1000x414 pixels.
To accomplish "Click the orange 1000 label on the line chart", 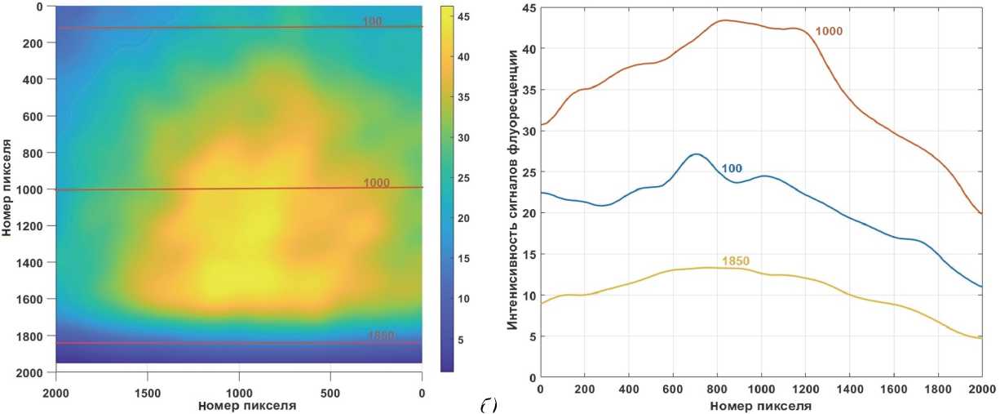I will (828, 31).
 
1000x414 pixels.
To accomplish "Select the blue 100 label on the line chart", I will (730, 169).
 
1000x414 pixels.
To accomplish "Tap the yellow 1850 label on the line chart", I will (735, 261).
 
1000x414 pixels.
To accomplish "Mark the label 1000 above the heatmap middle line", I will (378, 183).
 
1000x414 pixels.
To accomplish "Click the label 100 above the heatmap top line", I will (373, 21).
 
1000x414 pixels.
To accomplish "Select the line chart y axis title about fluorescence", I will (513, 189).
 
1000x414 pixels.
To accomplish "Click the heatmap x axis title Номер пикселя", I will (238, 404).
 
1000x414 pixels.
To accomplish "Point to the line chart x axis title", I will (760, 406).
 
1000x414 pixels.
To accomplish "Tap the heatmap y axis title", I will (8, 189).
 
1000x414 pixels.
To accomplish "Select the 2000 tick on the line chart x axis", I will (980, 389).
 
